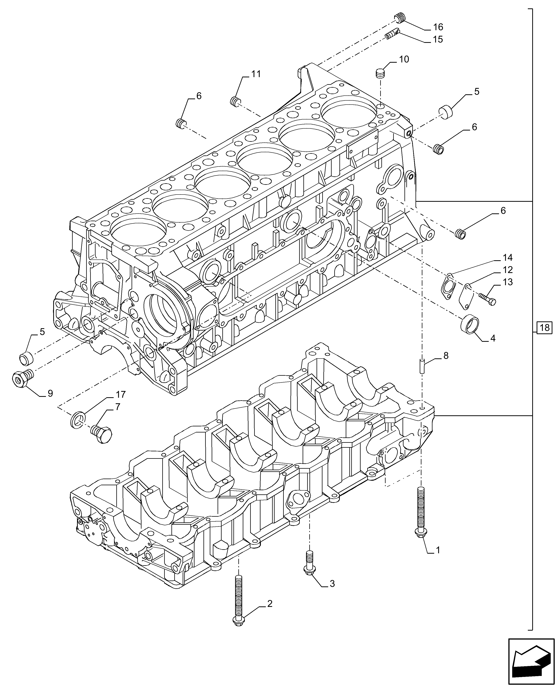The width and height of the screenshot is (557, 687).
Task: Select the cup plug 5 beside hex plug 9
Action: (26, 358)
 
